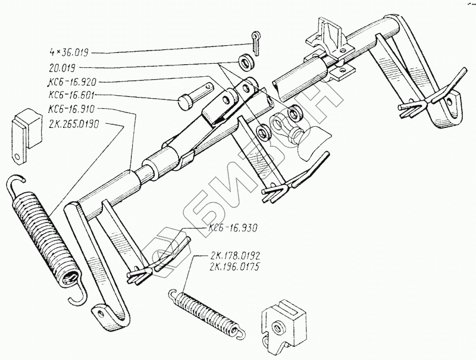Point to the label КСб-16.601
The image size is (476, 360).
[74, 95]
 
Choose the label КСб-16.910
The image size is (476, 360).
[74, 109]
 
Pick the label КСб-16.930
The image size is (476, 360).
[233, 228]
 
